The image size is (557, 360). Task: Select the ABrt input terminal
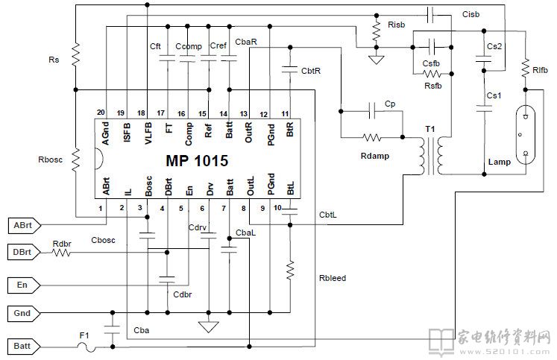coord(22,224)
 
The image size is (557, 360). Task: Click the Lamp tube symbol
coord(528,133)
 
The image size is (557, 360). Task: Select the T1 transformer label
coord(430,129)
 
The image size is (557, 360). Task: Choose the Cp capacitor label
coord(391,104)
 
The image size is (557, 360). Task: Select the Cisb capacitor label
coord(471,14)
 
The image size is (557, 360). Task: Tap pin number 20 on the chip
coord(101,113)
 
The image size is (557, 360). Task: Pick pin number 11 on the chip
coord(284,113)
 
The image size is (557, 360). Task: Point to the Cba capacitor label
coord(140,330)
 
